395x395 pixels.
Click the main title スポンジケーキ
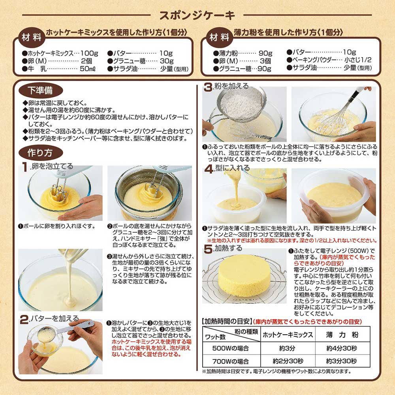point(197,15)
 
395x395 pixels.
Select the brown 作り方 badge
point(41,152)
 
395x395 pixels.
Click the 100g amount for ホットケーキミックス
point(89,53)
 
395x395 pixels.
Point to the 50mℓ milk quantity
point(88,69)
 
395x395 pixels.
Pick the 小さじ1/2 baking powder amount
point(358,60)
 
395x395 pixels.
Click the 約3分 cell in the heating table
point(288,348)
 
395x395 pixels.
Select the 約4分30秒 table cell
point(342,348)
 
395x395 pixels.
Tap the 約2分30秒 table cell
point(288,361)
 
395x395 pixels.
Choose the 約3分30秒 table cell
point(342,361)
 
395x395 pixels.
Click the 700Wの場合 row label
point(231,361)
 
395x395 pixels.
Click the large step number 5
point(208,249)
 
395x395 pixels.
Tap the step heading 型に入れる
point(232,168)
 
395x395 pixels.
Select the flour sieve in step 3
point(241,105)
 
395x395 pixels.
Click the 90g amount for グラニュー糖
point(264,69)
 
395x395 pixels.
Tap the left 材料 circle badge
point(32,38)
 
